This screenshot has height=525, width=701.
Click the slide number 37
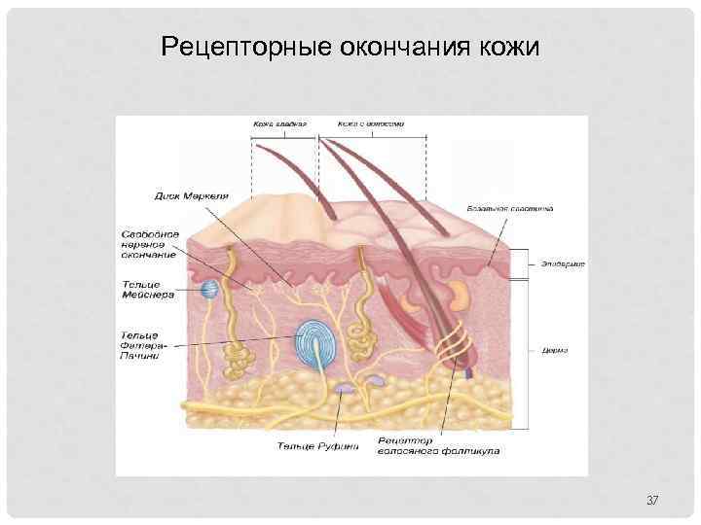pos(652,500)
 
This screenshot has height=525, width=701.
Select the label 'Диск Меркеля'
pos(192,195)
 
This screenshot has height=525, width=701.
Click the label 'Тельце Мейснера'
pos(148,290)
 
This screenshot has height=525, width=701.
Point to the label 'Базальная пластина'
pos(524,208)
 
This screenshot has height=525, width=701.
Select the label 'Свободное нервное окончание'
pos(149,244)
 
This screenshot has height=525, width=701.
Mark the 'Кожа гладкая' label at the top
pos(280,124)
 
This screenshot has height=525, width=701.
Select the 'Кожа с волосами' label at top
pos(371,124)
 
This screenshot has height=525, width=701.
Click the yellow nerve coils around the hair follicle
pos(452,346)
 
